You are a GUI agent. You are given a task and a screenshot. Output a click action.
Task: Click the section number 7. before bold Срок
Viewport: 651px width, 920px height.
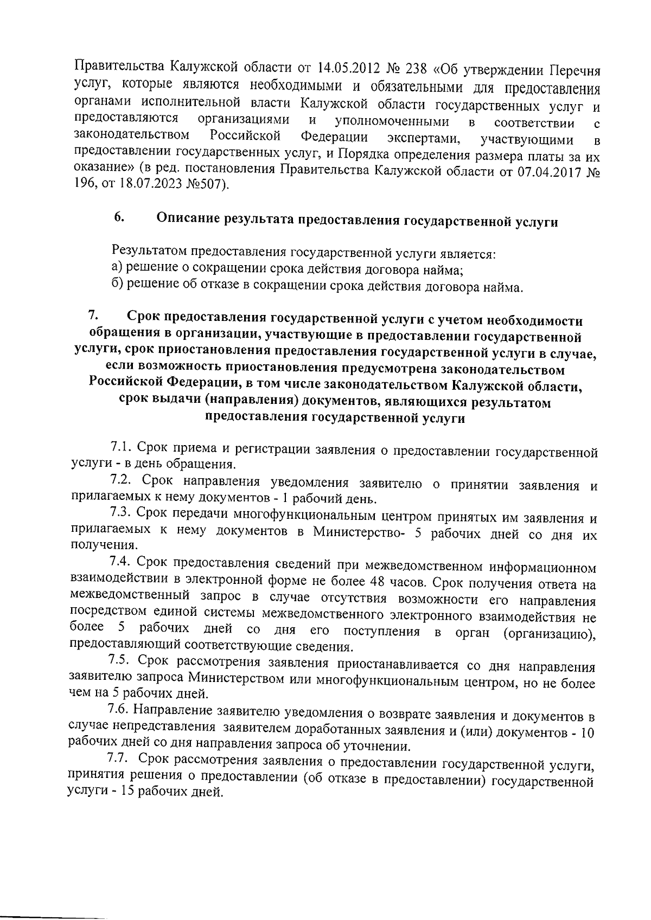(93, 316)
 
